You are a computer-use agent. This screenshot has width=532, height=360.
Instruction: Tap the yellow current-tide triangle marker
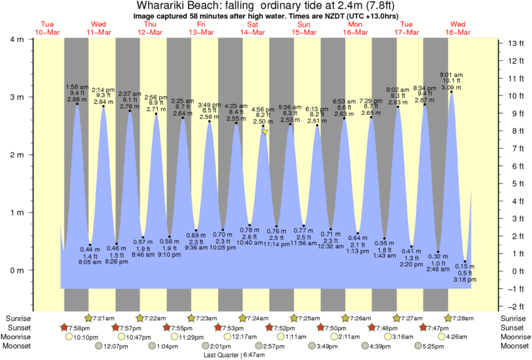click(x=265, y=133)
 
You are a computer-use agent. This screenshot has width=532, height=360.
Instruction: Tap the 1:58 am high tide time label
click(x=76, y=86)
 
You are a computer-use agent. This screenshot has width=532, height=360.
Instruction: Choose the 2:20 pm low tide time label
click(x=411, y=265)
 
